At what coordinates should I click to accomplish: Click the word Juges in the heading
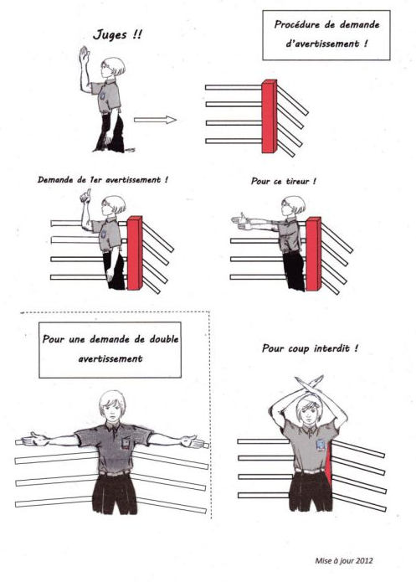click(110, 35)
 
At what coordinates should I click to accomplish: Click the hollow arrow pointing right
click(155, 120)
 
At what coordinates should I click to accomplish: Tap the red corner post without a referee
click(270, 116)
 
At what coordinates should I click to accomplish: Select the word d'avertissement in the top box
click(322, 44)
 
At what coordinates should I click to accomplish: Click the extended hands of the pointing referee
click(240, 220)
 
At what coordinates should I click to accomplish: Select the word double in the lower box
click(164, 339)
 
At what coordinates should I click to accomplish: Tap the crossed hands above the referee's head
click(309, 384)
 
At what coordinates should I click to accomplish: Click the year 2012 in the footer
click(364, 560)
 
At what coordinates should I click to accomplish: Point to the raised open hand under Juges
click(85, 54)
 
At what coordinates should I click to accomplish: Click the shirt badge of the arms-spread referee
click(127, 442)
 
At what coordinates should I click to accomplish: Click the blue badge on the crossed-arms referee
click(321, 444)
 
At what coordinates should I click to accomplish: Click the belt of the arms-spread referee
click(115, 473)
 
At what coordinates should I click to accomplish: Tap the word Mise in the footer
click(322, 560)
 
